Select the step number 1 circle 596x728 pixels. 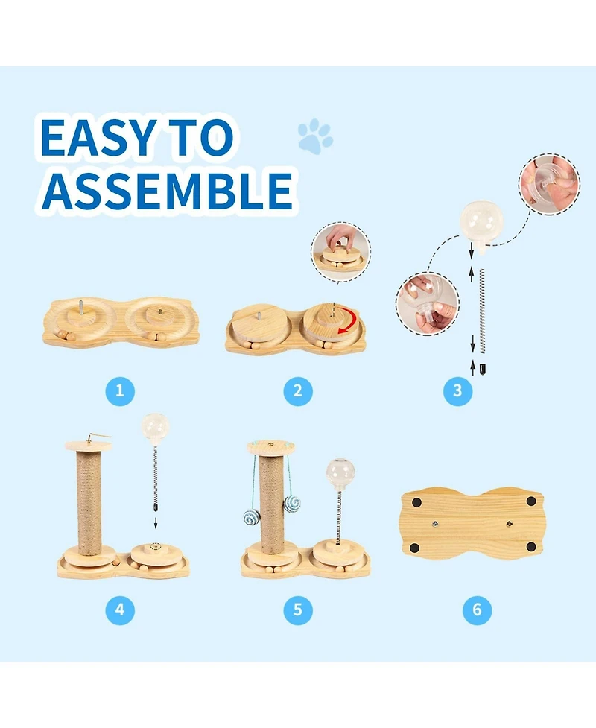click(x=120, y=390)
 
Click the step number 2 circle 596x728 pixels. click(x=298, y=390)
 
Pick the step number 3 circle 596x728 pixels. click(x=457, y=390)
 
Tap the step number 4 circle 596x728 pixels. click(x=120, y=610)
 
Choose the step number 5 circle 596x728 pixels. click(x=298, y=610)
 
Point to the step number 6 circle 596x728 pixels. click(x=477, y=610)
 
